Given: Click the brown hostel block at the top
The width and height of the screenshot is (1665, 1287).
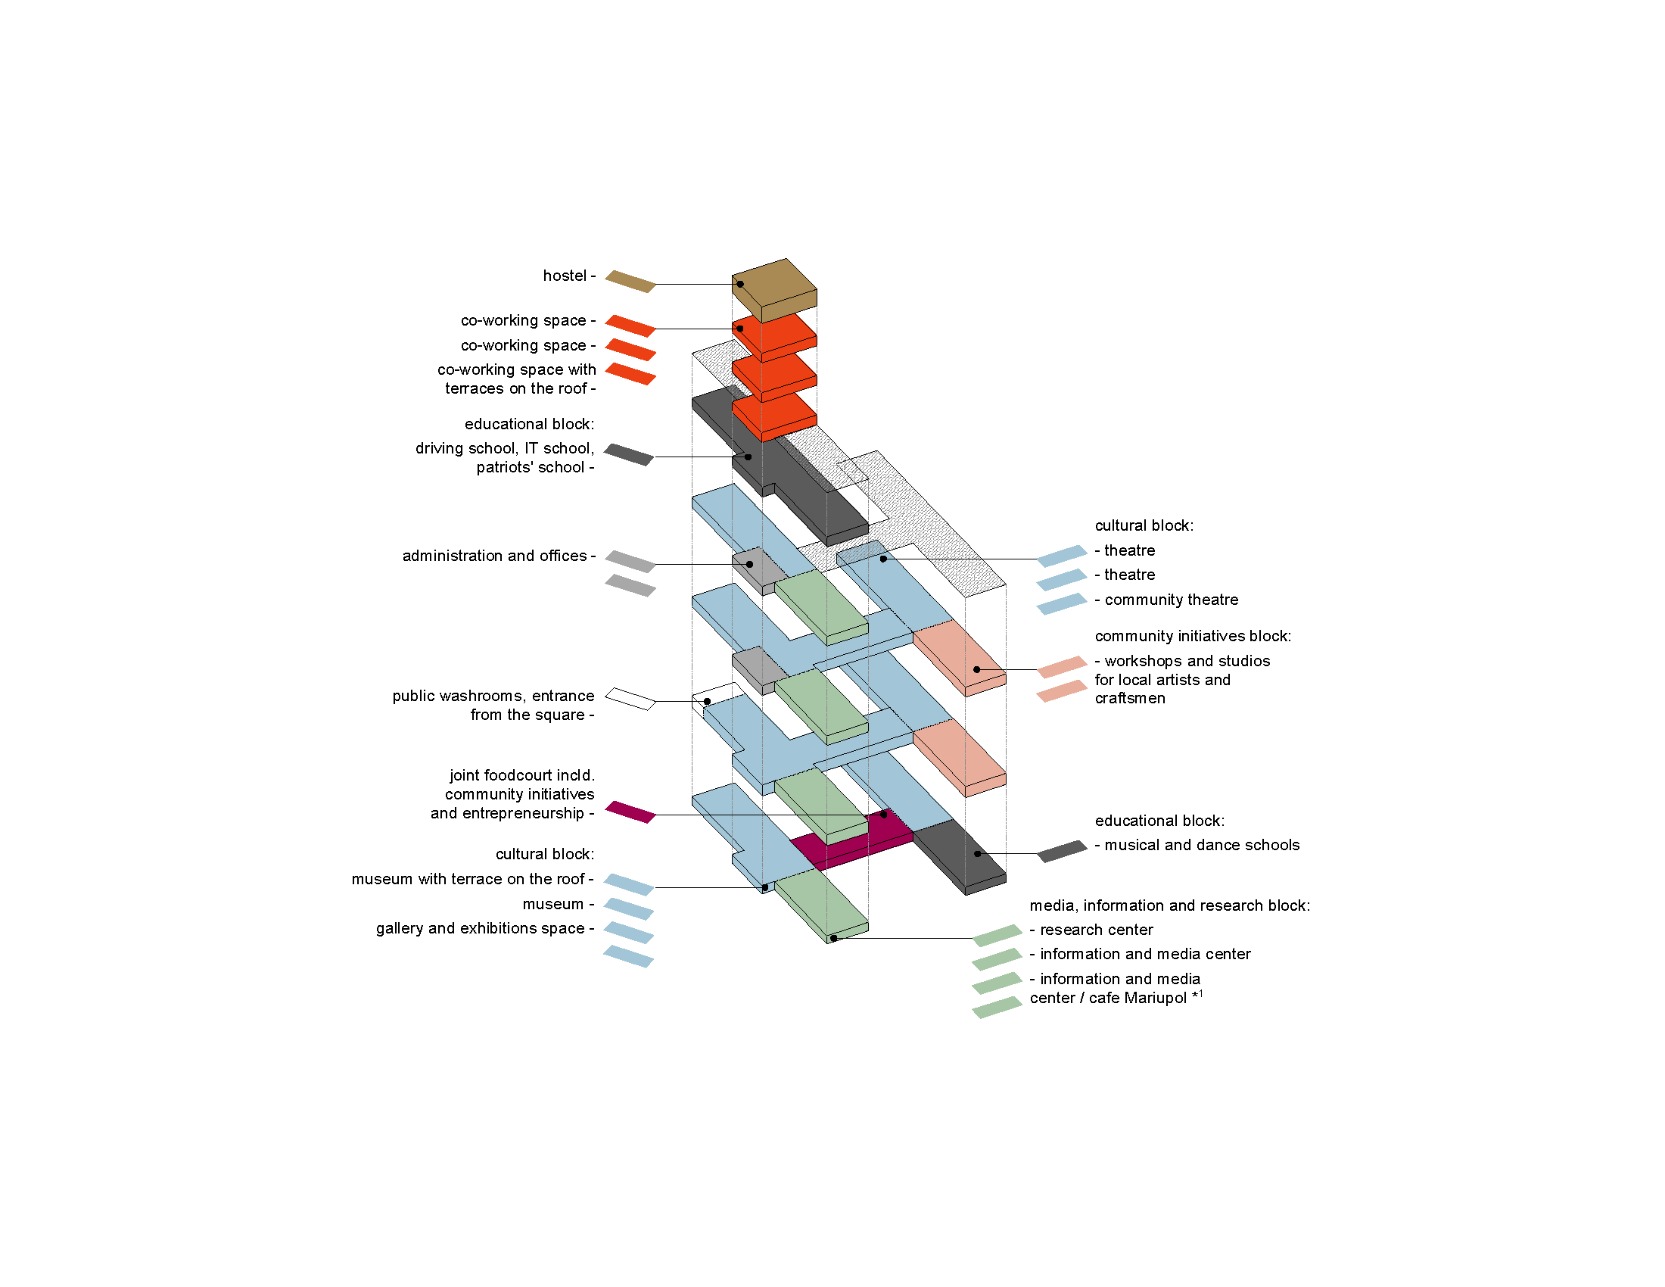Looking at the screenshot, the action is pyautogui.click(x=774, y=291).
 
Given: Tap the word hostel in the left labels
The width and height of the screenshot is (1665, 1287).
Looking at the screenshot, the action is pyautogui.click(x=564, y=276).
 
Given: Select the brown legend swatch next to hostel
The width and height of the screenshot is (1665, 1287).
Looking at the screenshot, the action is pyautogui.click(x=630, y=282).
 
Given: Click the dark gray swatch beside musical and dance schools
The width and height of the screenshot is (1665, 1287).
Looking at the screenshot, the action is pyautogui.click(x=1062, y=851).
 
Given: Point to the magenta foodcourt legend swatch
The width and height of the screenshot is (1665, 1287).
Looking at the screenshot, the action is pyautogui.click(x=630, y=812).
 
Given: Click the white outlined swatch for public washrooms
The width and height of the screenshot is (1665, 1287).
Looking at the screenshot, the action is pyautogui.click(x=630, y=699).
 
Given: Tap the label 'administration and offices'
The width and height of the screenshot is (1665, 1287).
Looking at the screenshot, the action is pyautogui.click(x=495, y=556).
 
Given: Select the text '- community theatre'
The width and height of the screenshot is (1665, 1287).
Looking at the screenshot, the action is pyautogui.click(x=1166, y=600).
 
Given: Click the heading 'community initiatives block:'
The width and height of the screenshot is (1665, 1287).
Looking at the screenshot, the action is pyautogui.click(x=1193, y=636).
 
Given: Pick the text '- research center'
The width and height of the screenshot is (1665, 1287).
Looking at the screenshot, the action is pyautogui.click(x=1091, y=930).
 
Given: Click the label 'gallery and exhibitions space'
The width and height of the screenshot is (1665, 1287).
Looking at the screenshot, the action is pyautogui.click(x=481, y=928).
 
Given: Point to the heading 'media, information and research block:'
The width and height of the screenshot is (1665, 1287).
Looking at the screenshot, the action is pyautogui.click(x=1169, y=905).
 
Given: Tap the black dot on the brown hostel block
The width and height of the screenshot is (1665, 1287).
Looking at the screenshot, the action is pyautogui.click(x=740, y=285).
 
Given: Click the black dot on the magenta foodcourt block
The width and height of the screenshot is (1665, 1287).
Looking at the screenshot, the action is pyautogui.click(x=883, y=815).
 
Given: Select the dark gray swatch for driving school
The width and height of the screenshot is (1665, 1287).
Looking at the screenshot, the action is pyautogui.click(x=629, y=454).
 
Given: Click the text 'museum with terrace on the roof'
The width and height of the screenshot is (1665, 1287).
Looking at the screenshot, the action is pyautogui.click(x=468, y=879).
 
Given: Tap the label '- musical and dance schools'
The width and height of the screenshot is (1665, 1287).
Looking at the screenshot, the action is pyautogui.click(x=1197, y=845).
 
